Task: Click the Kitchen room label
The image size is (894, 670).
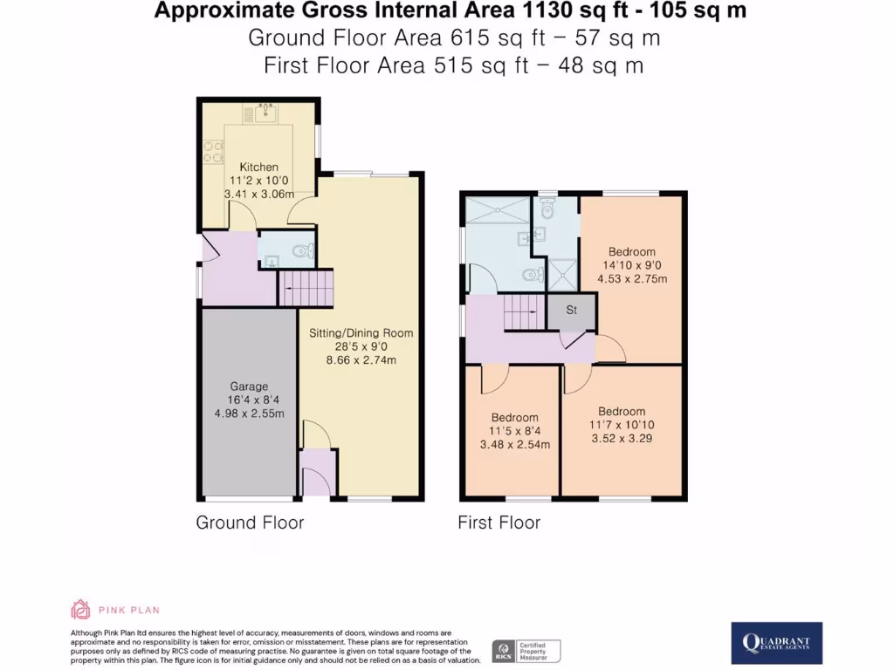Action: (259, 167)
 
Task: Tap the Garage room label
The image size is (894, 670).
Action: (249, 386)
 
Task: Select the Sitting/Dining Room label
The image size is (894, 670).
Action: (361, 332)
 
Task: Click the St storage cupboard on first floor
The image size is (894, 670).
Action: (572, 310)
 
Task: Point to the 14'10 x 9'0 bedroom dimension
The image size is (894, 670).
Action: (631, 266)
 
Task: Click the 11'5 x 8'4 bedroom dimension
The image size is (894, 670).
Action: (514, 431)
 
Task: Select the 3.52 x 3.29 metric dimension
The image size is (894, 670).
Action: (622, 439)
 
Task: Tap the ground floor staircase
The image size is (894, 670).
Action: (306, 287)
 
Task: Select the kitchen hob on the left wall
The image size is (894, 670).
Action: (211, 153)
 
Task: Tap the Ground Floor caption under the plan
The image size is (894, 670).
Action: (250, 523)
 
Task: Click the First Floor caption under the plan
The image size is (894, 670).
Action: (499, 523)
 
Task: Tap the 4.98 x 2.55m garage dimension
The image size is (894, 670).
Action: (249, 414)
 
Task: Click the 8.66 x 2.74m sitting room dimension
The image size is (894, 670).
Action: (361, 359)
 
